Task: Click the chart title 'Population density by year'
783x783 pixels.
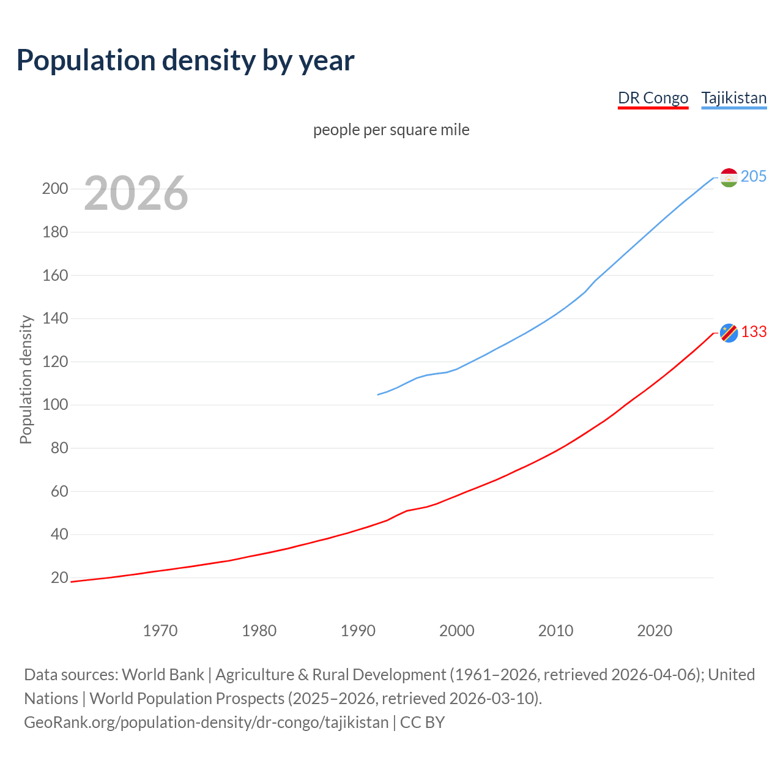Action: (x=185, y=61)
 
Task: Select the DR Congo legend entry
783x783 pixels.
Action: (x=653, y=98)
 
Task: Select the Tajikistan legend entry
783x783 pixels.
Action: (x=733, y=98)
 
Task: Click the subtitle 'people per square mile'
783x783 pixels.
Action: (x=391, y=130)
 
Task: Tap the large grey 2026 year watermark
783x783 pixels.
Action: (x=136, y=193)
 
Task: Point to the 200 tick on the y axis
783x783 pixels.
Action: (x=55, y=188)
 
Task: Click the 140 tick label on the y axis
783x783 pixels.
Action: (x=55, y=318)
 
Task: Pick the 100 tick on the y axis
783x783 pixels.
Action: (x=55, y=405)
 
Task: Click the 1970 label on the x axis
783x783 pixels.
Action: (x=160, y=631)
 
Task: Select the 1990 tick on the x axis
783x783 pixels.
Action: (x=358, y=631)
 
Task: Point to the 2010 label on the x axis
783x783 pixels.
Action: (x=555, y=631)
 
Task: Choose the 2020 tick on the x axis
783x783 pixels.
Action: (x=655, y=631)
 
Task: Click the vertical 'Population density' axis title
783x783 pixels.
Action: (x=26, y=379)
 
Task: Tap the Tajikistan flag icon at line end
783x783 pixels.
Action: (x=729, y=177)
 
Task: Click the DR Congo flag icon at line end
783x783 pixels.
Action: (x=729, y=333)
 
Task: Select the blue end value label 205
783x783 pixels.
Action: (x=754, y=177)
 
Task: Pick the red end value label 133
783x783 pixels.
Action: (x=754, y=332)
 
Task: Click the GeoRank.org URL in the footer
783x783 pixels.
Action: (x=206, y=722)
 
